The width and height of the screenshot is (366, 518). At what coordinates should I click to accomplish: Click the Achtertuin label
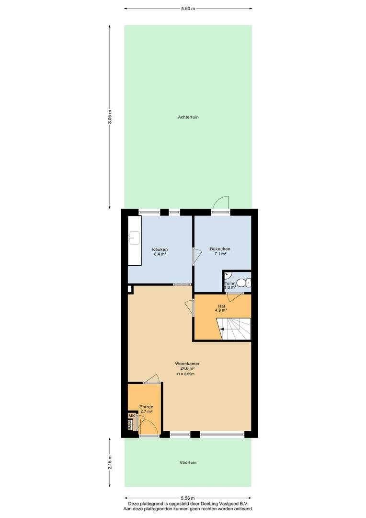tap(188, 117)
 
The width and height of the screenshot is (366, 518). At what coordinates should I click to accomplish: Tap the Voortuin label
tap(188, 462)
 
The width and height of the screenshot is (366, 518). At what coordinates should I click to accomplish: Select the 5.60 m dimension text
tap(188, 9)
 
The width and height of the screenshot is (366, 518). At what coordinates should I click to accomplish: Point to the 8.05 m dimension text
tap(110, 117)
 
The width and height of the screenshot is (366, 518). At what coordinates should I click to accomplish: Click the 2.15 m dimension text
tap(110, 462)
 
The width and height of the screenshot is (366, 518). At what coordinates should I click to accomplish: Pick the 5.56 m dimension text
tap(188, 498)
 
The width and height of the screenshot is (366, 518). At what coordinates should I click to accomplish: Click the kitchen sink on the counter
tap(134, 237)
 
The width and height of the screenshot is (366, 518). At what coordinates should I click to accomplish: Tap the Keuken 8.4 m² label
tap(160, 252)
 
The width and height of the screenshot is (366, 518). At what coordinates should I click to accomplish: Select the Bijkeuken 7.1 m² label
tap(220, 251)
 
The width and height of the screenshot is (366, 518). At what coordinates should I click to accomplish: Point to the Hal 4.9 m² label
tap(221, 308)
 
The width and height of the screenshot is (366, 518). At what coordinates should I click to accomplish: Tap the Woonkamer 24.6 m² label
tap(187, 366)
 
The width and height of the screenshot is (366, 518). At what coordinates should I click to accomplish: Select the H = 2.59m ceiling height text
tap(186, 374)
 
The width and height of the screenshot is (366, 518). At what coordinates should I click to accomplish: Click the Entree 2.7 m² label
tap(146, 409)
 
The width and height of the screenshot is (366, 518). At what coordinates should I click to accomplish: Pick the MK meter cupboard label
tap(131, 415)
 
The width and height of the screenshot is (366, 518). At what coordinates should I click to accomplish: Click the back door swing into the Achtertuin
tap(221, 203)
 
